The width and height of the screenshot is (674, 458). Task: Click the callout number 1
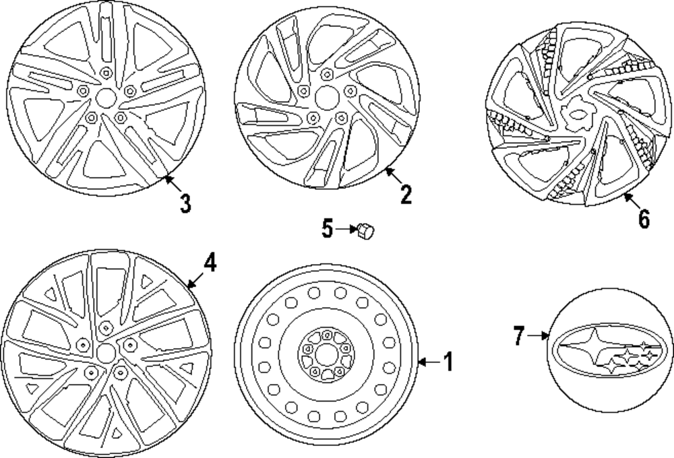coord(448,362)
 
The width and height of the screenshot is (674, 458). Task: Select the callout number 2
coord(405,194)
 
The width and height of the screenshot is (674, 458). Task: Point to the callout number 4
coord(210,263)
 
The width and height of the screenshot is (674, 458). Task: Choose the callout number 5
coord(328,230)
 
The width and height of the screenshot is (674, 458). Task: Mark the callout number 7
coord(518,335)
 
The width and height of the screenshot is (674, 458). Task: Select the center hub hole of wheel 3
coord(104,98)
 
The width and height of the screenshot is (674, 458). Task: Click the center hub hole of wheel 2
coord(326,95)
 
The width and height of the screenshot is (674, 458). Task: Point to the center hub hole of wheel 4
coord(104,352)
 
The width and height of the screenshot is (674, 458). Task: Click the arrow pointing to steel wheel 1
coord(427,362)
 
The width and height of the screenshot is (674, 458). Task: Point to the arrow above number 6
coord(630,199)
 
